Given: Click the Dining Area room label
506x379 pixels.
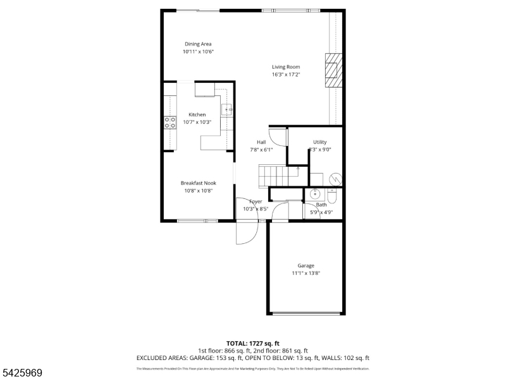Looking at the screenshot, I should (x=197, y=44).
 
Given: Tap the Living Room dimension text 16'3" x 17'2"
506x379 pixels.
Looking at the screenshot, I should (x=286, y=75).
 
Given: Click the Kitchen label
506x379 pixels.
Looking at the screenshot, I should (x=197, y=114).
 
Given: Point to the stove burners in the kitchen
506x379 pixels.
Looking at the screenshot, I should (x=170, y=123).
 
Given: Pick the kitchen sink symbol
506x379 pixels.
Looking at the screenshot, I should (x=228, y=110).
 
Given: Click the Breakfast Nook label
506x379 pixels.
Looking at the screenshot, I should (x=198, y=183).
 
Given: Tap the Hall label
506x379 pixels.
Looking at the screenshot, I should (x=261, y=141).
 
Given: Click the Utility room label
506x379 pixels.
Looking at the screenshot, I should (x=319, y=141).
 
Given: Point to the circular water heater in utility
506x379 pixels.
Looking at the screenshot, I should (x=335, y=178).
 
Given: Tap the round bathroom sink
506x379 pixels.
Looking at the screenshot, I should (x=316, y=195).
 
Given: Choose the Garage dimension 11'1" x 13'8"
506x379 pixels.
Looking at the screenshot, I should (x=305, y=274).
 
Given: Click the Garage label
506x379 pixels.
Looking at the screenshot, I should (x=305, y=265).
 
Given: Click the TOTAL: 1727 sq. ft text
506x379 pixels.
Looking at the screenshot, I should (x=253, y=343).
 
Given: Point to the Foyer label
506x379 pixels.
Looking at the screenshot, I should (x=256, y=202).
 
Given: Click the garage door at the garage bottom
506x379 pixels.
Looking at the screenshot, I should (x=306, y=313).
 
